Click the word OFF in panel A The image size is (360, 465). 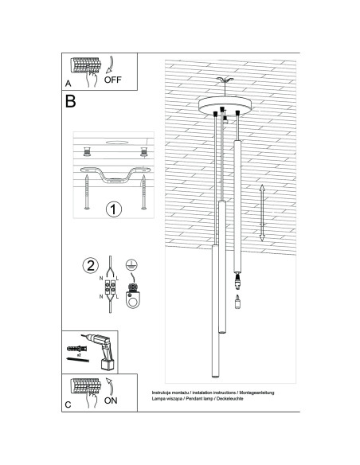(x=112, y=80)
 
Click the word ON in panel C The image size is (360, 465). (x=111, y=401)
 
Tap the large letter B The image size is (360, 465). (x=71, y=102)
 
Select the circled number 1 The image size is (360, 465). (x=113, y=210)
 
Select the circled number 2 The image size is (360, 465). (x=92, y=265)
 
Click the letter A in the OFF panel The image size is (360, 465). (x=68, y=83)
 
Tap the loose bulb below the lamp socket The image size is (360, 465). (x=237, y=301)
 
